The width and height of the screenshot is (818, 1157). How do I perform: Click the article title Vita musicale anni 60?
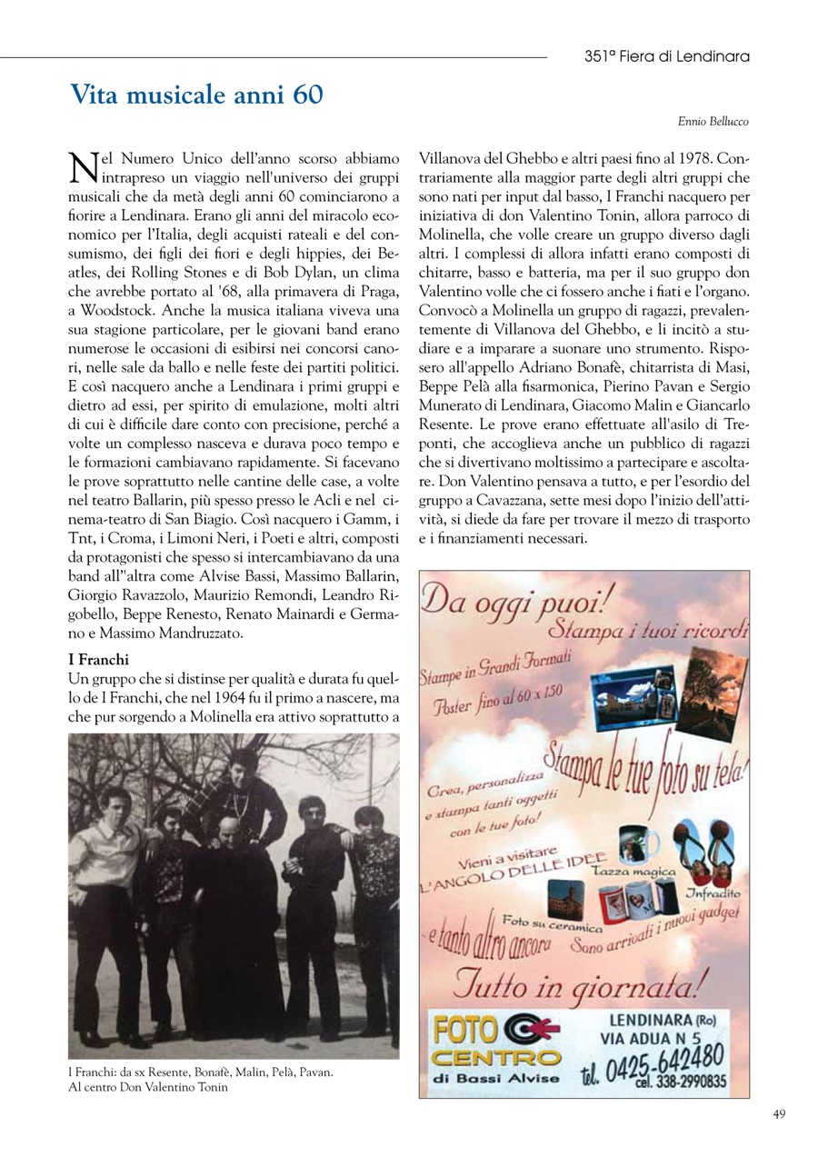click(196, 95)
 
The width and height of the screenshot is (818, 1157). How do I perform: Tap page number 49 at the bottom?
click(779, 1114)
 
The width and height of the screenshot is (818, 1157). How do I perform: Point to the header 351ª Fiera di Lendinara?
click(667, 56)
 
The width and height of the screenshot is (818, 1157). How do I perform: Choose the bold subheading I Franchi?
click(99, 658)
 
